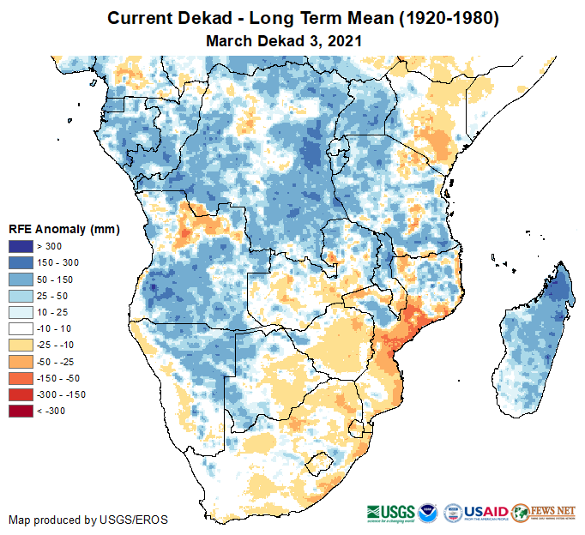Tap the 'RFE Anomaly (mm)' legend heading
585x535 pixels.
pyautogui.click(x=63, y=229)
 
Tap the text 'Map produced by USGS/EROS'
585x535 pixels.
pyautogui.click(x=88, y=519)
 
